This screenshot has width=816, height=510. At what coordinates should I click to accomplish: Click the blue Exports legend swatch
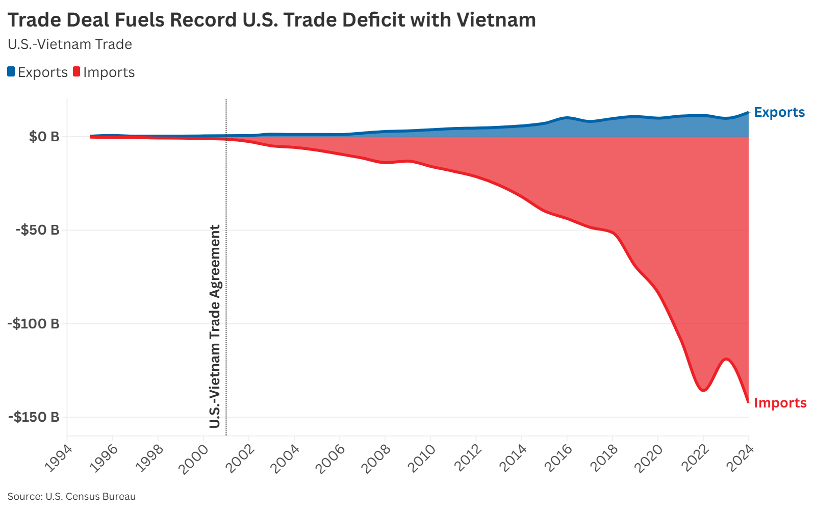pos(11,71)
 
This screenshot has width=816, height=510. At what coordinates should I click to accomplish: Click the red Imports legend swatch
pos(76,71)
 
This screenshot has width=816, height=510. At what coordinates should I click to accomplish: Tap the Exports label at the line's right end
pos(779,112)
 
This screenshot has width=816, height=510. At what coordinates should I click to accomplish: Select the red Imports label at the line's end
pos(780,403)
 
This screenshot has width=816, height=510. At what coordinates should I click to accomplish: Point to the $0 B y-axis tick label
pos(44,137)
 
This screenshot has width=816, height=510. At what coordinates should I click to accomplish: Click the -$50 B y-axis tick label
pos(38,230)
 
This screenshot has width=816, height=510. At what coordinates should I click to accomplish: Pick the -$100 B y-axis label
pos(34,323)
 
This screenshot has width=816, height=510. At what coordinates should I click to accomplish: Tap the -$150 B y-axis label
pos(34,417)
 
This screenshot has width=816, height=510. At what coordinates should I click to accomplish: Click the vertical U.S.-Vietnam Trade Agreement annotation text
pos(215,326)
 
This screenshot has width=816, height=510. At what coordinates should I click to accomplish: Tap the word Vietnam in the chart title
pos(496,20)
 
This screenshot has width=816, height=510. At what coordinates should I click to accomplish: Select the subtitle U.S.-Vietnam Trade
pos(70,44)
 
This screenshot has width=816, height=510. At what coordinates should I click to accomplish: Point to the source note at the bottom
pos(71,496)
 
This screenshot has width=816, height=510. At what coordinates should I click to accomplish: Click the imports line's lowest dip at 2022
pos(703,390)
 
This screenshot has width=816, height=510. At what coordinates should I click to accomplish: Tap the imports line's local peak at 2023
pos(726,359)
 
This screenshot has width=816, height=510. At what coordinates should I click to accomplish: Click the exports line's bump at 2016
pos(567,118)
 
